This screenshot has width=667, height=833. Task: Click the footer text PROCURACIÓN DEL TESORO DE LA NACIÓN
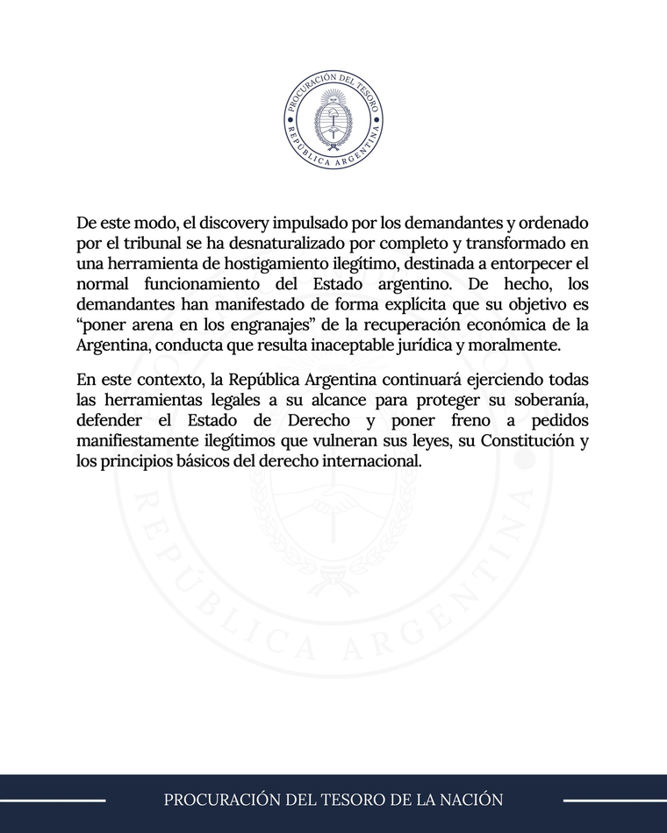coord(333,800)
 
